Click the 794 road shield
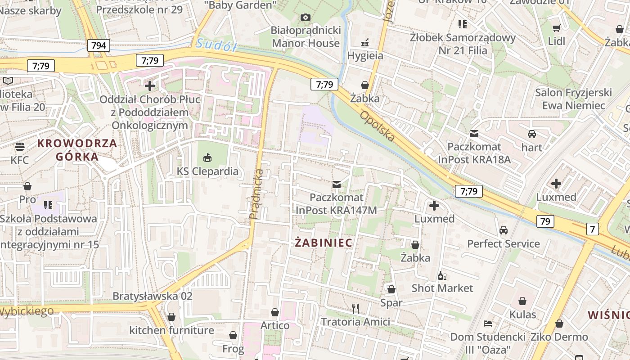click(99, 45)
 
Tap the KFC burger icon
click(19, 147)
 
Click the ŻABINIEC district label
click(324, 243)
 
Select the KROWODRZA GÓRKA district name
click(77, 150)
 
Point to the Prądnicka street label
click(256, 194)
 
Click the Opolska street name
click(377, 126)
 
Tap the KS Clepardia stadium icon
click(207, 157)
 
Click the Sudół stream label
click(216, 45)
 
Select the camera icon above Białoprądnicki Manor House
click(306, 17)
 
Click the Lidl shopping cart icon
click(556, 28)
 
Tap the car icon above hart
click(531, 134)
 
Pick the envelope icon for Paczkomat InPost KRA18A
click(474, 134)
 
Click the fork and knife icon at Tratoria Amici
click(355, 308)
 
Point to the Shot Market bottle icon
click(442, 275)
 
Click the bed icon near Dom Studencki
click(487, 323)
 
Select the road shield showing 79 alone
click(545, 221)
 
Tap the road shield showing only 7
click(593, 229)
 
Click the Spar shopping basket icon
click(391, 289)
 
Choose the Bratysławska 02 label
click(152, 296)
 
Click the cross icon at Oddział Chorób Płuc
click(150, 85)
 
